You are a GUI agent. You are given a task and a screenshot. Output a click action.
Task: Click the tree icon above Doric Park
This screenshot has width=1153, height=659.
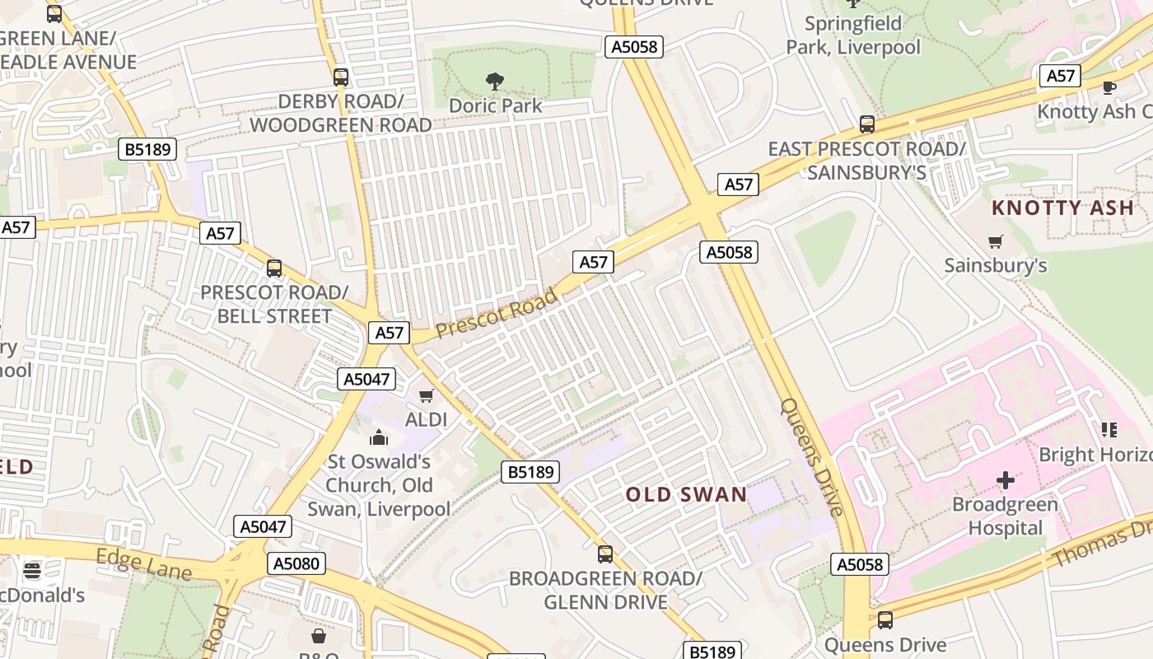[x=495, y=81]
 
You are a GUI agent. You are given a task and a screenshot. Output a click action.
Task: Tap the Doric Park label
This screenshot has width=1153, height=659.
[x=495, y=105]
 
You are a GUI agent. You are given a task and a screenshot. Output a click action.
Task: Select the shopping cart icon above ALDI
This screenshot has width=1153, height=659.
[x=426, y=396]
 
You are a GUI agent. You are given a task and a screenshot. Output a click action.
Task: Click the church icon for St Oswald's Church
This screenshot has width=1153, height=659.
[x=379, y=437]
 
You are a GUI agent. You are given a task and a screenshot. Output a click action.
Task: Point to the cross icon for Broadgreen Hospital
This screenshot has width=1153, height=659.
[x=1005, y=479]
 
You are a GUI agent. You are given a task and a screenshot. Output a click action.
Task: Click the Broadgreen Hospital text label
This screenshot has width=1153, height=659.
[x=1005, y=516]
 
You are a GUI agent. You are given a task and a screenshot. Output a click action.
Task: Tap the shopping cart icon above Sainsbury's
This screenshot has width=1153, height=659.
[x=996, y=241]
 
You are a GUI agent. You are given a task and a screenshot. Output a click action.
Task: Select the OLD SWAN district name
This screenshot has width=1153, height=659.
[x=686, y=495]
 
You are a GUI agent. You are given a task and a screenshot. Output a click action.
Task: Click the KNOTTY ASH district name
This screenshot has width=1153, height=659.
[x=1062, y=208]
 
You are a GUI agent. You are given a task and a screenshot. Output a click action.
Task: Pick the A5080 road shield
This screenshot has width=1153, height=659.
[x=296, y=563]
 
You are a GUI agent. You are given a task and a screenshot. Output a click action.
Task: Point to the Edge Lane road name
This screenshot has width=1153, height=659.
[x=143, y=564]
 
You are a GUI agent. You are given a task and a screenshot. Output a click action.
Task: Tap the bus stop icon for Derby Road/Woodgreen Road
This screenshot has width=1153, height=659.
[x=341, y=77]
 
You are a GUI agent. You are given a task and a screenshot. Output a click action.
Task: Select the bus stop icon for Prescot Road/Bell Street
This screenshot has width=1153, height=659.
[x=274, y=269]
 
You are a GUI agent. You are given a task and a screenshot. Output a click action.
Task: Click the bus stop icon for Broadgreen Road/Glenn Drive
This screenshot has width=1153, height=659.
[x=605, y=554]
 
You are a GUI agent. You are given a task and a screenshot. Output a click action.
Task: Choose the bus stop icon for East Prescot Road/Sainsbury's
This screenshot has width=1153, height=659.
[x=867, y=124]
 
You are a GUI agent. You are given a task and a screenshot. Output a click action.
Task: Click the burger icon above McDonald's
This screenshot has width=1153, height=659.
[x=32, y=570]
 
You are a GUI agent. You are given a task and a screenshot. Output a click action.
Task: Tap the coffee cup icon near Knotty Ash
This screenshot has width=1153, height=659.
[x=1109, y=86]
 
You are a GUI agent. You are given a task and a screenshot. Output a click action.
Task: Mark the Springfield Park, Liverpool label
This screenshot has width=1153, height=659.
[x=853, y=35]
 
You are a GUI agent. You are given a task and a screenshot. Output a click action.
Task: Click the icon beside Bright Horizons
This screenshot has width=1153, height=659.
[x=1109, y=429]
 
